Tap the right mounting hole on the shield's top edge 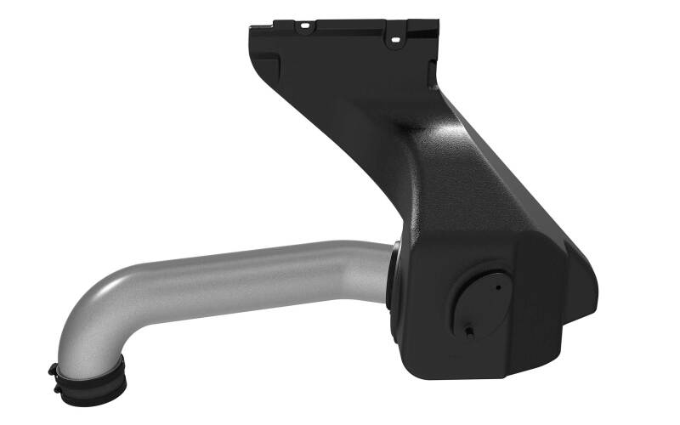point(394,38)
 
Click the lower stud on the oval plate point(468,327)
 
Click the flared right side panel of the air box point(565,289)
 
